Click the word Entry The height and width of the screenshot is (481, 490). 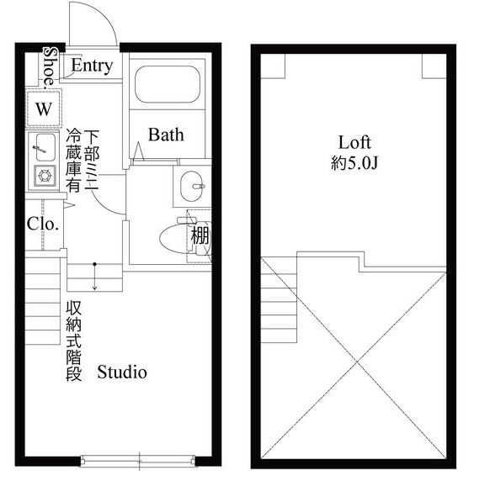[92, 66]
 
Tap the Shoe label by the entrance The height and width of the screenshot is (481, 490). [50, 64]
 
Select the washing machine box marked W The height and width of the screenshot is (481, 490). [44, 108]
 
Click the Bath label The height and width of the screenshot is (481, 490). [166, 135]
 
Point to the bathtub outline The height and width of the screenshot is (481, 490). [166, 87]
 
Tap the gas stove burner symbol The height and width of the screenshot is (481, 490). [43, 177]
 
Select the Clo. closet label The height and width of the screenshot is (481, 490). [42, 224]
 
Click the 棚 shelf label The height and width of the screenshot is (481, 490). [200, 236]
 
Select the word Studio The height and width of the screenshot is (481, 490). [122, 372]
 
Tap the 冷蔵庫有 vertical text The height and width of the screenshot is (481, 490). [74, 162]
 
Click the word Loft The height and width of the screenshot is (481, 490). [354, 141]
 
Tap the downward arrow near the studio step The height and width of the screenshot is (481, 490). [94, 278]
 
